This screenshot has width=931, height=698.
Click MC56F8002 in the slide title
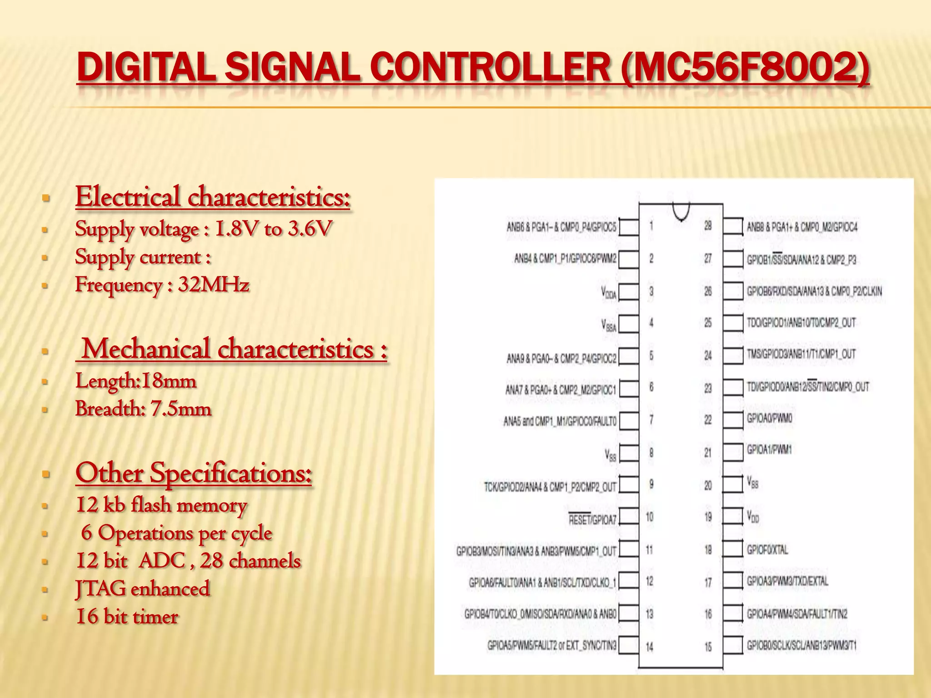(746, 68)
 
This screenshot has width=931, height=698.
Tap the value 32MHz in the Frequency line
(213, 285)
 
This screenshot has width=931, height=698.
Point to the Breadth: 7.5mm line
(143, 409)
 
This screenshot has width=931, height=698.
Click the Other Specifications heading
(194, 473)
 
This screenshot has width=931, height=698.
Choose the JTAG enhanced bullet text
(142, 588)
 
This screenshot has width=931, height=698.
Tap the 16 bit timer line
(127, 617)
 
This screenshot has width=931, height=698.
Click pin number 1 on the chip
(651, 225)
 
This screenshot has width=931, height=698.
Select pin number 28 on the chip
(708, 225)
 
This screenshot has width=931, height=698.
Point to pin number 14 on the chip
(650, 647)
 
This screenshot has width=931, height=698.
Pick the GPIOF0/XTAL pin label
(767, 550)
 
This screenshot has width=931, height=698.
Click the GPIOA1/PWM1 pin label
(769, 450)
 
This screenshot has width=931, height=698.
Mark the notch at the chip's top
(681, 212)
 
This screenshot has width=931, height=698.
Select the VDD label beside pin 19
(753, 517)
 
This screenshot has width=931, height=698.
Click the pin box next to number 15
(733, 646)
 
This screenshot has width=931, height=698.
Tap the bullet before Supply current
(45, 258)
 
